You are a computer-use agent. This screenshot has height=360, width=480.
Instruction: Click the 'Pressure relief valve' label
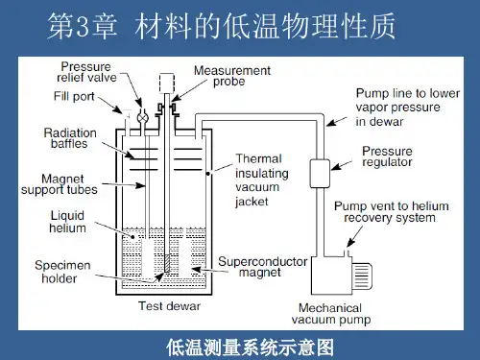tap(86, 72)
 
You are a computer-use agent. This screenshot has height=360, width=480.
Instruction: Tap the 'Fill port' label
tap(74, 96)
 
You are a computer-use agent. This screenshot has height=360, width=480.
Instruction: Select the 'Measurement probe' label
tap(232, 76)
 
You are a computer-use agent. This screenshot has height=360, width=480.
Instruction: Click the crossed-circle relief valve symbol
tap(142, 118)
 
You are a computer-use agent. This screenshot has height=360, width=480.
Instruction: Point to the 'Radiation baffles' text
tap(70, 138)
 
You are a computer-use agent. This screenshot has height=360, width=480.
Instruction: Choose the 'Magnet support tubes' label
tap(60, 184)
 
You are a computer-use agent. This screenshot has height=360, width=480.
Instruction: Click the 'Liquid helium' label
tap(67, 222)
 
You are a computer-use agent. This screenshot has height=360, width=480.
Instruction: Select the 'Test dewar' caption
tap(169, 306)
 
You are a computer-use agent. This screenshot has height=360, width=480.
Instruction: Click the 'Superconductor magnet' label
tap(262, 267)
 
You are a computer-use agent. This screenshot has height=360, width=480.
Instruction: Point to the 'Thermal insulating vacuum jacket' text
tap(262, 180)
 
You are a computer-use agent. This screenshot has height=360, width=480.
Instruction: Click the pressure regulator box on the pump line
tap(320, 173)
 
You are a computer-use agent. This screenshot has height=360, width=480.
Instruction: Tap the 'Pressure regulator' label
tap(387, 156)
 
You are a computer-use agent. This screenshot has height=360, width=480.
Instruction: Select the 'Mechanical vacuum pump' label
tap(331, 314)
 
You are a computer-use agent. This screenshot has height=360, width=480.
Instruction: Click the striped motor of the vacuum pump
tap(362, 276)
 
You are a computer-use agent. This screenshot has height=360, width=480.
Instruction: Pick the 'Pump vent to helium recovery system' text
tap(392, 212)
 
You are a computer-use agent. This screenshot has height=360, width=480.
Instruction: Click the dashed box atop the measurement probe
tap(167, 83)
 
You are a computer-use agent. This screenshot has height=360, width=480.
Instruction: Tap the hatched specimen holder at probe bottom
tap(167, 264)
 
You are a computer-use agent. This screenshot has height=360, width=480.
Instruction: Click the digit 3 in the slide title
tap(83, 27)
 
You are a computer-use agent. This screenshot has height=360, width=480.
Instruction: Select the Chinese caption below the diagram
tap(251, 348)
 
